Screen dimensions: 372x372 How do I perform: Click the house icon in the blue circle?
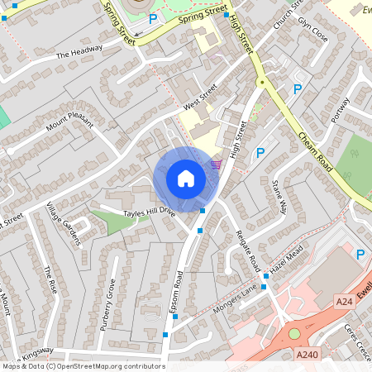(x=185, y=179)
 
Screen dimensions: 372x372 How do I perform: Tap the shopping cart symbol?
(x=217, y=164)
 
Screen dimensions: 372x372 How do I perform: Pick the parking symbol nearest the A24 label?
(x=360, y=255)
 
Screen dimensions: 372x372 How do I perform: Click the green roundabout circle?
(x=293, y=334)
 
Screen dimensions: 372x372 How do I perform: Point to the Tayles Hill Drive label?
(x=150, y=212)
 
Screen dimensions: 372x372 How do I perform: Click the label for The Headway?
(x=79, y=51)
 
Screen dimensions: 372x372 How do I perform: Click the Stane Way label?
(x=279, y=196)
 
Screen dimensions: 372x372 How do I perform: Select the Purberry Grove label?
(x=108, y=306)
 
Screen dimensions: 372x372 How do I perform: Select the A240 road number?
(x=306, y=354)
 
